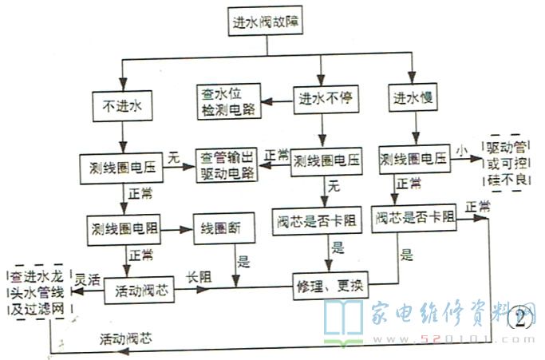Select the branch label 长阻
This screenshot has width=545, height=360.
(x=199, y=276)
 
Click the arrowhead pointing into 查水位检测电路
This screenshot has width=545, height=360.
(x=268, y=101)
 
